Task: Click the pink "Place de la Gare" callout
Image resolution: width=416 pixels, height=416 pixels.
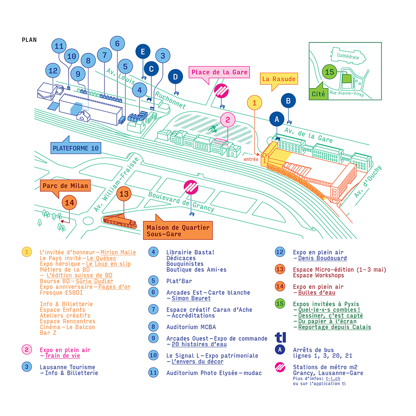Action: pyautogui.click(x=220, y=72)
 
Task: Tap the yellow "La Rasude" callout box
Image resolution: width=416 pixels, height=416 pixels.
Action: pyautogui.click(x=278, y=79)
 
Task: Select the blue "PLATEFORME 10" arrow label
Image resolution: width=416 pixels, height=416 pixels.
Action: pyautogui.click(x=76, y=148)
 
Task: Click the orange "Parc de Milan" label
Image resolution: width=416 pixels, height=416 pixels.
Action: pyautogui.click(x=65, y=185)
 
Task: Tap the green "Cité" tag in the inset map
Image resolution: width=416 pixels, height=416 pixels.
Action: pyautogui.click(x=318, y=94)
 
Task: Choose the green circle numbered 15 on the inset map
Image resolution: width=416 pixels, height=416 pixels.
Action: pyautogui.click(x=329, y=72)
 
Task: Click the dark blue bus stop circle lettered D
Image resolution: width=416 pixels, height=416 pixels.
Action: pyautogui.click(x=176, y=77)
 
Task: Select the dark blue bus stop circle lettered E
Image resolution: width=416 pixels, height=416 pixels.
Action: pyautogui.click(x=143, y=52)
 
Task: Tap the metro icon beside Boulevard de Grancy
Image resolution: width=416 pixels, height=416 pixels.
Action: pyautogui.click(x=191, y=187)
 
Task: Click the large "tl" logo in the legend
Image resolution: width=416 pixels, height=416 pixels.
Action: pyautogui.click(x=281, y=337)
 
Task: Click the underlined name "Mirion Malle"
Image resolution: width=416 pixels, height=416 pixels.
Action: pyautogui.click(x=118, y=252)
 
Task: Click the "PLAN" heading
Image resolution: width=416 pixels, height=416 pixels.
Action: pyautogui.click(x=29, y=39)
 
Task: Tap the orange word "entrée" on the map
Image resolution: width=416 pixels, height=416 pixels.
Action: pyautogui.click(x=251, y=158)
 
